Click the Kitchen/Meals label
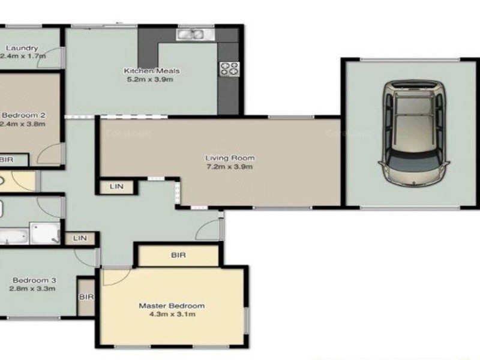(x=151, y=71)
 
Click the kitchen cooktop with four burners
(x=229, y=69)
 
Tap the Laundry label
(x=22, y=48)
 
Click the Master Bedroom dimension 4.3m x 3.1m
(x=172, y=314)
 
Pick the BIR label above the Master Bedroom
(x=178, y=255)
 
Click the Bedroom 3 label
(x=34, y=280)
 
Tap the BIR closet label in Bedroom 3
(x=86, y=297)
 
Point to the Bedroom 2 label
(x=25, y=115)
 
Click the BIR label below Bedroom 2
(x=7, y=160)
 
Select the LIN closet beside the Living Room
(x=116, y=187)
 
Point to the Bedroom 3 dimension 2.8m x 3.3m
(x=33, y=289)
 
